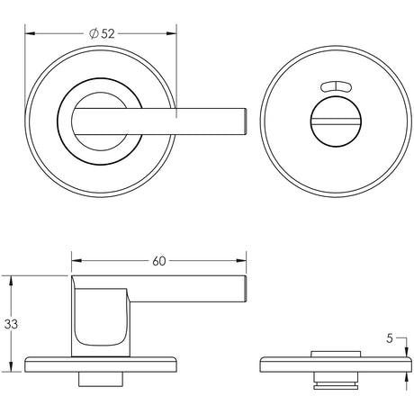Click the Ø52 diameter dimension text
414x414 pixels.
coord(102,33)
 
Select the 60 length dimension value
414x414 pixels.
coord(158,262)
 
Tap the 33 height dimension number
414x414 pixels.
coord(11,323)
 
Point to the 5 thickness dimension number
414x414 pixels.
coord(389,339)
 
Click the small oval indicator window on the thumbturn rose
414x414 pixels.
coord(334,87)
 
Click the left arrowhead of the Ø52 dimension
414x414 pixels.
coord(29,34)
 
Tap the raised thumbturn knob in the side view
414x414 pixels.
coord(335,352)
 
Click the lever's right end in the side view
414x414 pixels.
coord(241,290)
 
